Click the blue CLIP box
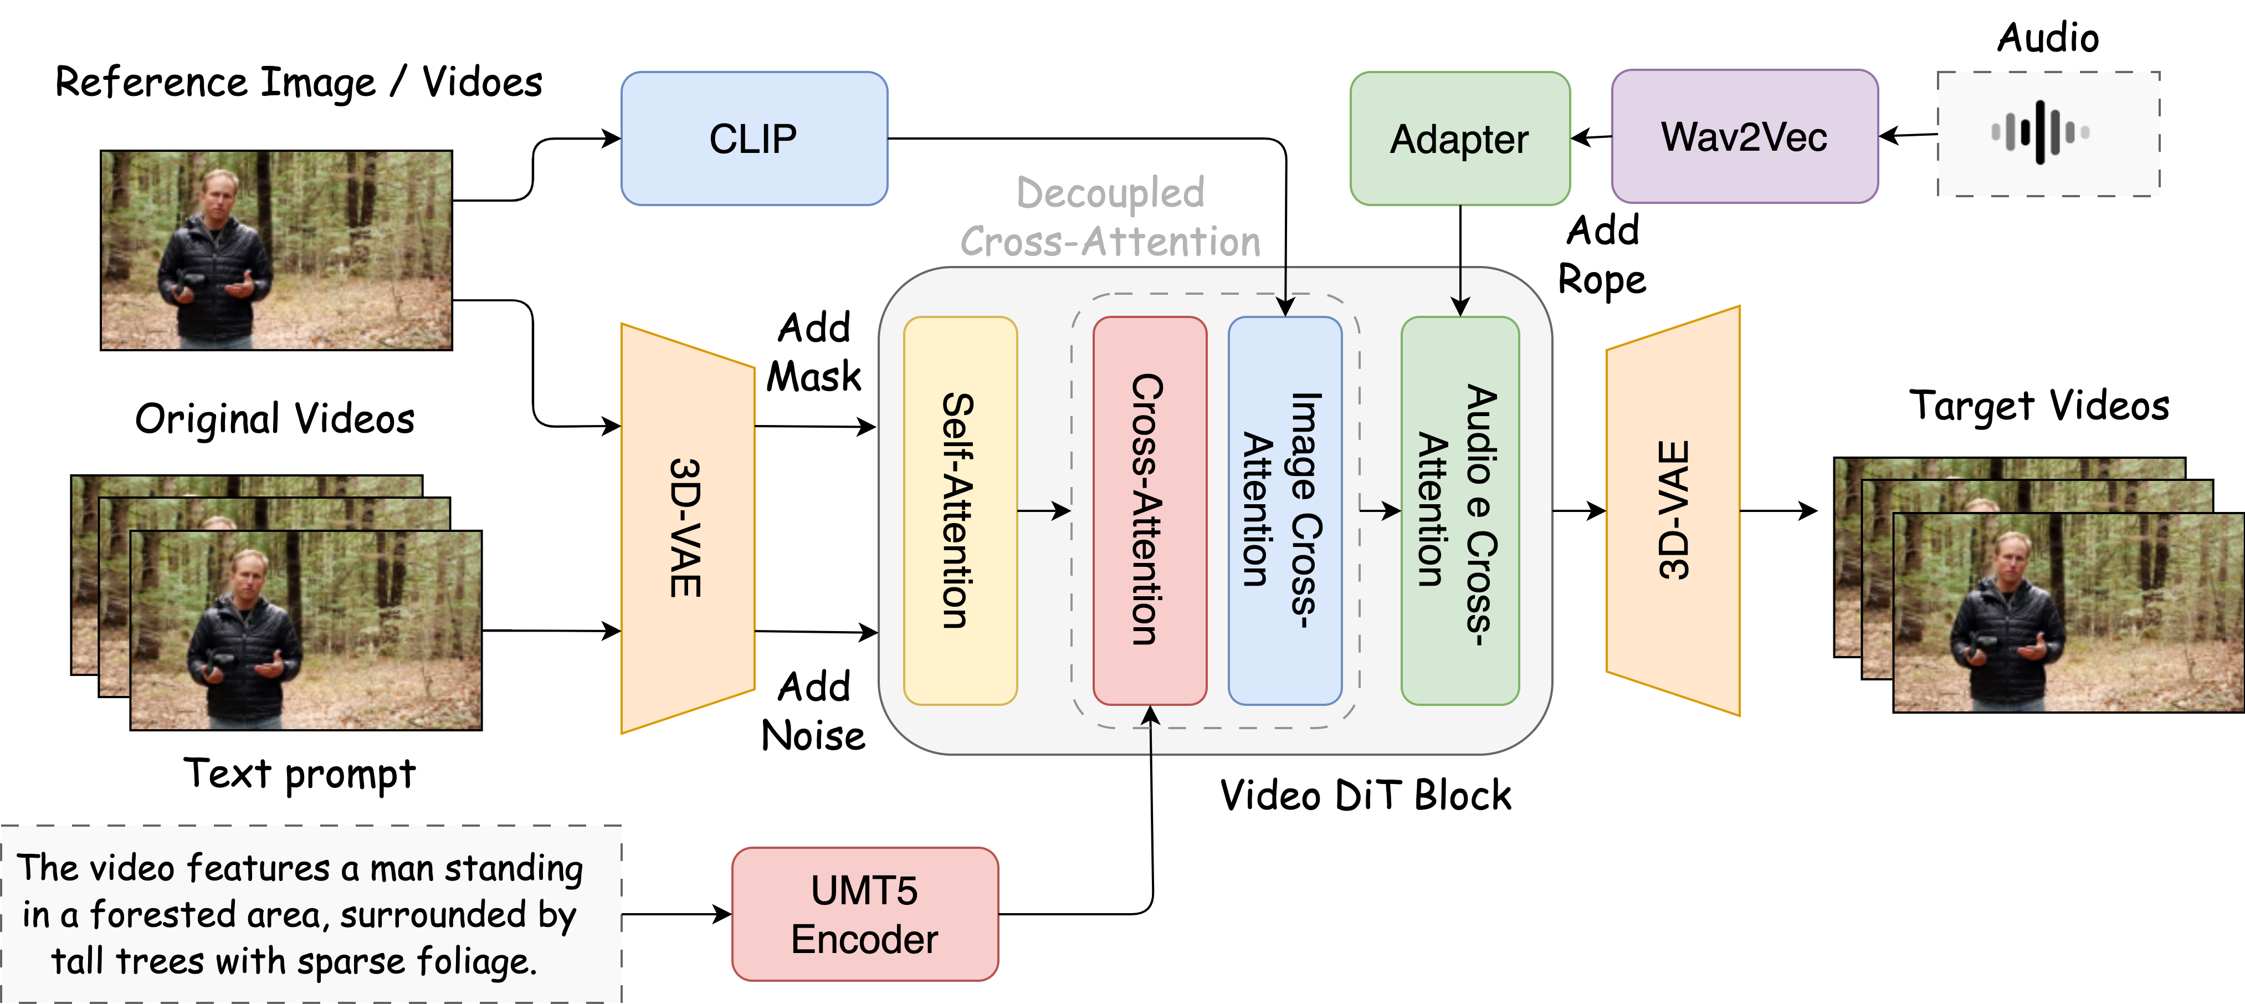(x=754, y=139)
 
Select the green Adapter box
(x=1460, y=139)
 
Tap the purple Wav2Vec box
(x=1744, y=137)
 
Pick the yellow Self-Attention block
(x=960, y=511)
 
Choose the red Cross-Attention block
(x=1150, y=511)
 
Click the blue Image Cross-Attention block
(x=1285, y=511)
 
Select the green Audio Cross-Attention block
(x=1460, y=511)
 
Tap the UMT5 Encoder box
(x=864, y=914)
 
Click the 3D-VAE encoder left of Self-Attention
(x=687, y=528)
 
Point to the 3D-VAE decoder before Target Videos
(x=1673, y=511)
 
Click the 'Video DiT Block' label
(x=1365, y=795)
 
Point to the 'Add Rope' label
(x=1602, y=254)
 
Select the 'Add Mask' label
(x=813, y=352)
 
